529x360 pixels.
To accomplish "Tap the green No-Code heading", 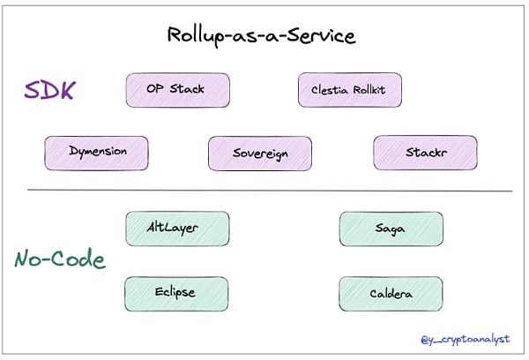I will click(x=60, y=259).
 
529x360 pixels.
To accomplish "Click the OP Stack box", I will click(x=177, y=90).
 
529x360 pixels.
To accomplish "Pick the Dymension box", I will click(x=97, y=152).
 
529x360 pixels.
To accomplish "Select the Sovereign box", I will click(x=260, y=153).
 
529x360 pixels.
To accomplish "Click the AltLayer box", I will click(x=177, y=228).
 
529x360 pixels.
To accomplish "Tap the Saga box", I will click(x=391, y=229).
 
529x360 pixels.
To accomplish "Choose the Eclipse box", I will click(x=177, y=292).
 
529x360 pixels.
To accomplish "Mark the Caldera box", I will click(x=391, y=293).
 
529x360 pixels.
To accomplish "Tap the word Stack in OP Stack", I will click(x=187, y=90).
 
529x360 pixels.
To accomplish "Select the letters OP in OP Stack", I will click(x=155, y=90).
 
